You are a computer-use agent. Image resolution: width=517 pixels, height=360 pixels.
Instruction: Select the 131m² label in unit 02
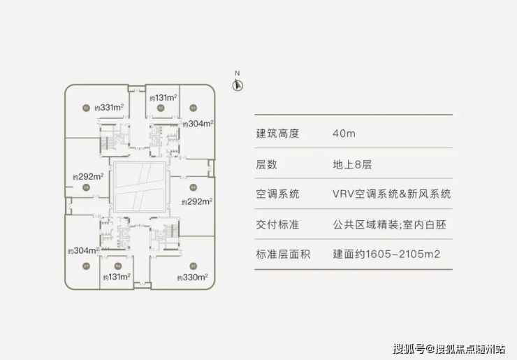tap(162, 98)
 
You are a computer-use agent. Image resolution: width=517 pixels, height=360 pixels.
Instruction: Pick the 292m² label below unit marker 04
tap(196, 201)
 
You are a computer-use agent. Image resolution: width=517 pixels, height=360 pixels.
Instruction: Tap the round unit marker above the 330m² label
tap(193, 266)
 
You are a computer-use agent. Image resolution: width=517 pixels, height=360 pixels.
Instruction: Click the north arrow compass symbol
tap(238, 85)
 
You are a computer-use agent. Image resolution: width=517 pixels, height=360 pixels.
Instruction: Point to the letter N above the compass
tap(238, 73)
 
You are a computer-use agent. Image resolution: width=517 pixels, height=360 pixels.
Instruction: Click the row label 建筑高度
tap(278, 134)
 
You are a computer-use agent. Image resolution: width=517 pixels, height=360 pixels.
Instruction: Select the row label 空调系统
tap(278, 194)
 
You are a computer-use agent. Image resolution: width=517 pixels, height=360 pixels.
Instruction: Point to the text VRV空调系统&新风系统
tap(392, 194)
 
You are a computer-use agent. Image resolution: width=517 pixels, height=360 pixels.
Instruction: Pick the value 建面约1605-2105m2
tap(387, 254)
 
